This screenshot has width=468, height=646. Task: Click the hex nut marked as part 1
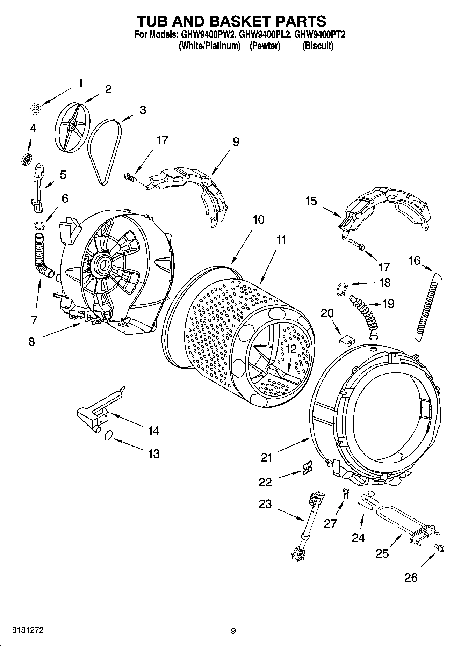click(34, 109)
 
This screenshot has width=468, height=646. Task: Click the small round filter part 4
click(26, 159)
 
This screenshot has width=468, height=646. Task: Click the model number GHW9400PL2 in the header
click(264, 34)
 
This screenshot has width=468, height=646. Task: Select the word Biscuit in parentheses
click(318, 46)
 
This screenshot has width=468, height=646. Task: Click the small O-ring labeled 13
click(108, 435)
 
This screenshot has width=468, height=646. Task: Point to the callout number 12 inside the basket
click(290, 348)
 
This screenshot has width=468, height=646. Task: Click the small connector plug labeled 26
click(439, 547)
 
